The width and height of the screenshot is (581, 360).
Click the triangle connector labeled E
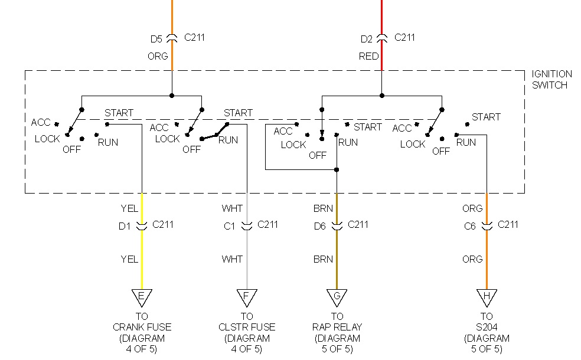coord(142,296)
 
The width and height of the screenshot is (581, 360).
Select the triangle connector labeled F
coord(247,296)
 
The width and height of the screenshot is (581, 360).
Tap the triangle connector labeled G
coord(337,296)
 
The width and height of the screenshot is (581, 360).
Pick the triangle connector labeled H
coord(487,296)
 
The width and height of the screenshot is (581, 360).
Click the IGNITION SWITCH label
coord(551,79)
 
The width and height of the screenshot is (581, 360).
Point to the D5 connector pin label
coord(156,39)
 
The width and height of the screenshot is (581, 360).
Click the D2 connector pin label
coord(367,39)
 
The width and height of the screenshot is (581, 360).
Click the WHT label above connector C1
coord(232,208)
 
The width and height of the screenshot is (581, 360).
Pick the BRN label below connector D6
coord(323,259)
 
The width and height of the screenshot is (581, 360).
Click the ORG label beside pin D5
coord(158,57)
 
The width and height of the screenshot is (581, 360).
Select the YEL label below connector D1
coord(129,259)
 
